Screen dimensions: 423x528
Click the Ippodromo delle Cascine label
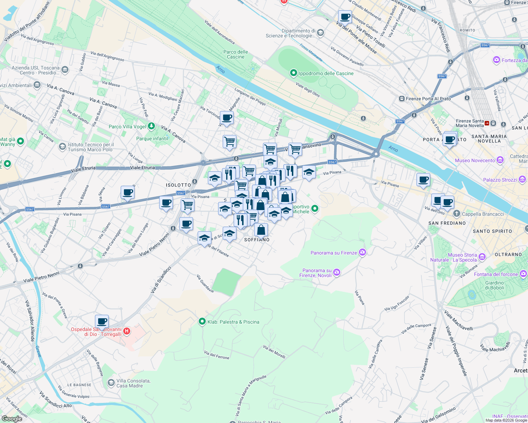pos(326,73)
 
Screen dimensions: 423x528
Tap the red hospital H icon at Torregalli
pos(127,331)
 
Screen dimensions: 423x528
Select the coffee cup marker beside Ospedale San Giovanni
pos(102,321)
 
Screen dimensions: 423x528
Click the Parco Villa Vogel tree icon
pos(151,126)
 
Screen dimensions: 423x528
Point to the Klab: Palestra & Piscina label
pos(233,322)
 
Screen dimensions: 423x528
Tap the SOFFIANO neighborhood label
pos(257,240)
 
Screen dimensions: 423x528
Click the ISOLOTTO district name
pos(178,185)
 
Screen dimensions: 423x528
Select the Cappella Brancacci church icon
pos(457,214)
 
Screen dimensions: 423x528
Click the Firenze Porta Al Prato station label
pos(428,99)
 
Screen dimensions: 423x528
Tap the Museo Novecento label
pos(475,160)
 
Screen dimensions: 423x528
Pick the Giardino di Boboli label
pos(494,285)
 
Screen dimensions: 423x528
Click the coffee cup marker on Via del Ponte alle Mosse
pos(345,17)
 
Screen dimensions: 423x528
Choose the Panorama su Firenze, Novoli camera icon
pos(337,272)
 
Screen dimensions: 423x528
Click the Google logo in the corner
pos(12,418)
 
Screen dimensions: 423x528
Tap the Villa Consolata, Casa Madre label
pos(133,383)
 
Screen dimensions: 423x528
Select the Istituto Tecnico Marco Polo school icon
pos(62,146)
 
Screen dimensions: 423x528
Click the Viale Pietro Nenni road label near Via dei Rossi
pos(41,278)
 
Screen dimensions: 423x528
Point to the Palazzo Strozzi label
pos(500,180)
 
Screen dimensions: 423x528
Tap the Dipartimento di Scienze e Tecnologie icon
pos(320,33)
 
